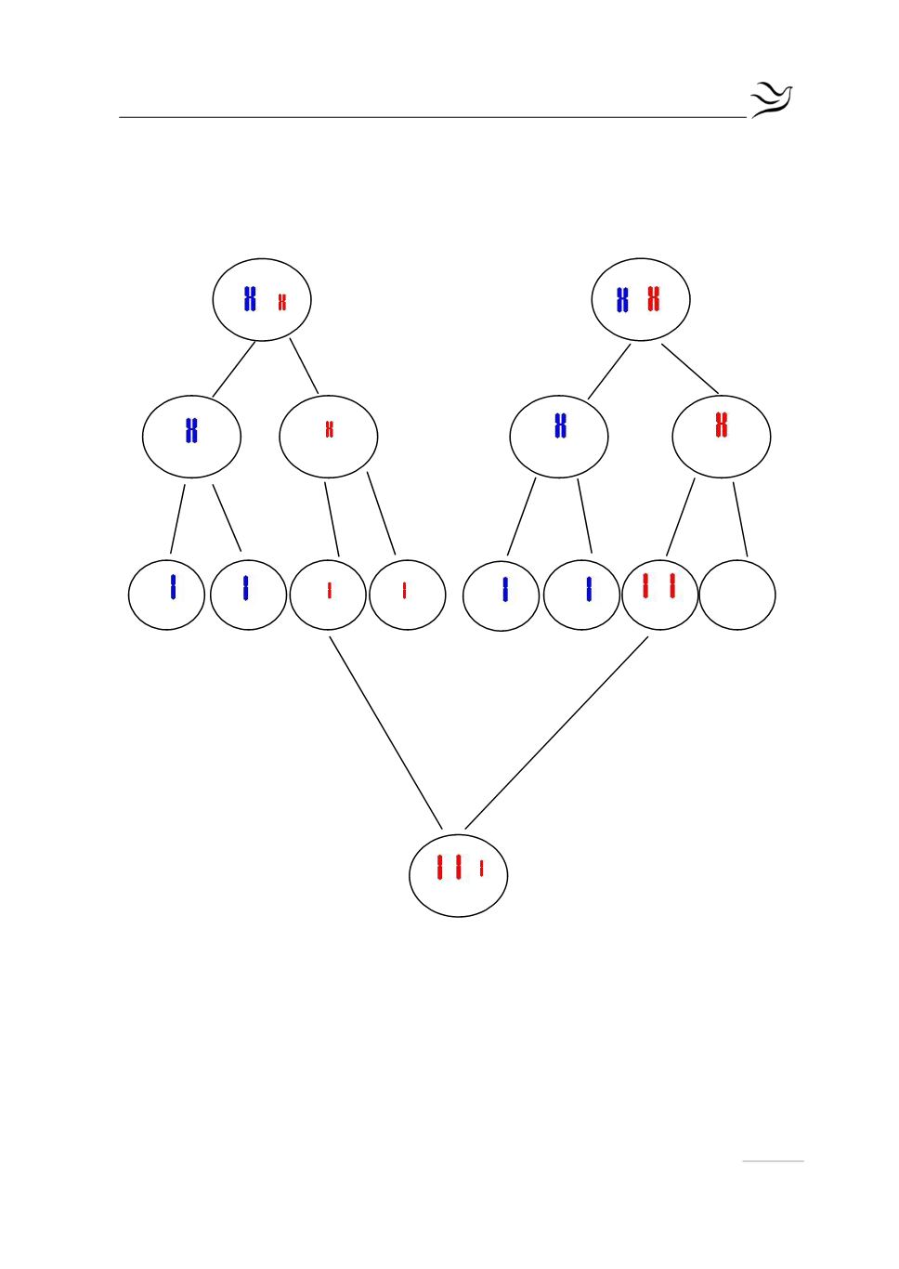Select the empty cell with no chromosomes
coord(737,595)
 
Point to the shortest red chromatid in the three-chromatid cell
coord(481,869)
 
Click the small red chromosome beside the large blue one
coord(282,302)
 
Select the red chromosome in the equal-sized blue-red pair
coord(654,299)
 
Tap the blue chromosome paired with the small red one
coord(250,299)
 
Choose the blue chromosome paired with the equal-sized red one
coord(622,300)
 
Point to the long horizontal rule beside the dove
coord(432,118)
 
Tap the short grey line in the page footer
coord(773,1161)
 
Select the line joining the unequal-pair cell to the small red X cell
coord(304,366)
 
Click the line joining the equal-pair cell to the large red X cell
coord(690,369)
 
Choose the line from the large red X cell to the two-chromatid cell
coord(680,517)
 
